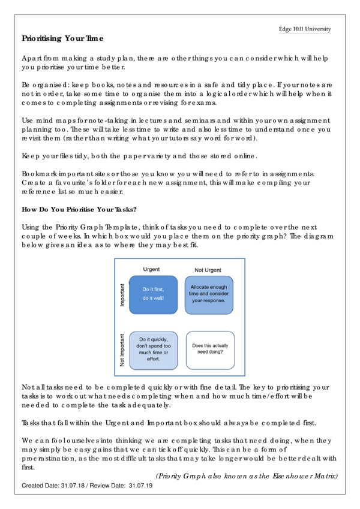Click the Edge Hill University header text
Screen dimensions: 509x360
coord(304,29)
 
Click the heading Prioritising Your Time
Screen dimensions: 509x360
coord(63,38)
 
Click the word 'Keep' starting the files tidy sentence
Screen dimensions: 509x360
coord(31,156)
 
